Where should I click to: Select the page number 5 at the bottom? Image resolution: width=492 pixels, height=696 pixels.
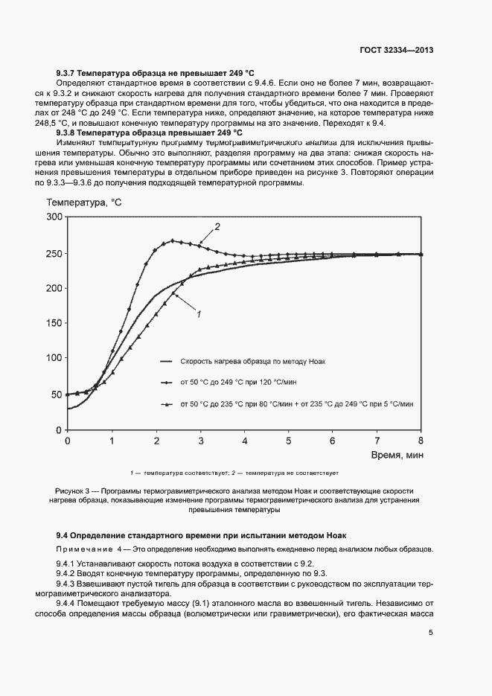point(431,633)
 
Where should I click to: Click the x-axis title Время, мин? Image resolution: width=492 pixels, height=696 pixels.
point(394,453)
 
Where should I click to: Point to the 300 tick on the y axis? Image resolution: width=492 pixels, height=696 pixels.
point(54,217)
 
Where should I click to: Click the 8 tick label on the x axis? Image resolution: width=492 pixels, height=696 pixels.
point(421,441)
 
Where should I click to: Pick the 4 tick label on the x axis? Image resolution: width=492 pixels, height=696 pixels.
point(245,441)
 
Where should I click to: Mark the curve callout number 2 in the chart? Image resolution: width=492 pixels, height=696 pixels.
point(217,226)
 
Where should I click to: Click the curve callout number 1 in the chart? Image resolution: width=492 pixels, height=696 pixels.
point(199,315)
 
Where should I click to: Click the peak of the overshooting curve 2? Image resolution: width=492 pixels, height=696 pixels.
point(173,240)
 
